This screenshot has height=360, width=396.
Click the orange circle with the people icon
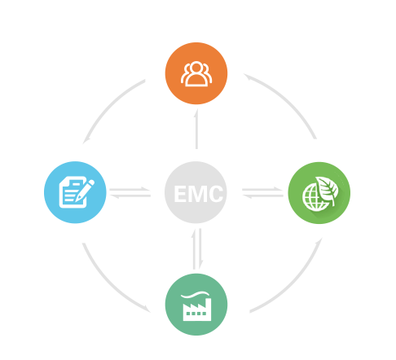pos(196,73)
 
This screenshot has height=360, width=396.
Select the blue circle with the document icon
pos(75,192)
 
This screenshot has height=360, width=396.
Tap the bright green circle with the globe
pos(319,193)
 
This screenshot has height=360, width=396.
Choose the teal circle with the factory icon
pos(196,305)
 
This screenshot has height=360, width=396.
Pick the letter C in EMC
pos(217,194)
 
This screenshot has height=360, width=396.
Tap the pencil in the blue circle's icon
pos(85,191)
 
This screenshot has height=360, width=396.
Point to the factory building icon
pos(197,310)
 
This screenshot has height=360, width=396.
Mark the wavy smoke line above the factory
pos(196,295)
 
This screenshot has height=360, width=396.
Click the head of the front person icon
pos(196,68)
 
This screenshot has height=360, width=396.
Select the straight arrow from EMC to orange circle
pos(196,129)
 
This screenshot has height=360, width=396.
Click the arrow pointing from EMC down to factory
pos(200,248)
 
